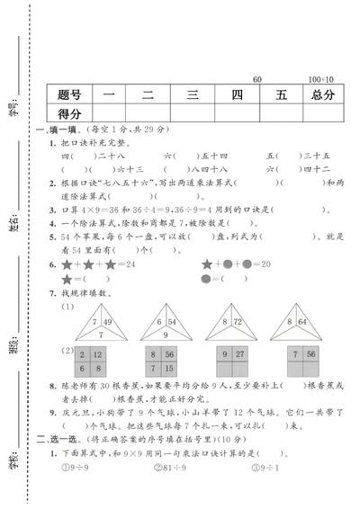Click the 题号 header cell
coord(69,94)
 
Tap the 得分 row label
coord(69,114)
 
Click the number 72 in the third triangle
coord(238,321)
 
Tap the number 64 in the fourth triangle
coord(301,321)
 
